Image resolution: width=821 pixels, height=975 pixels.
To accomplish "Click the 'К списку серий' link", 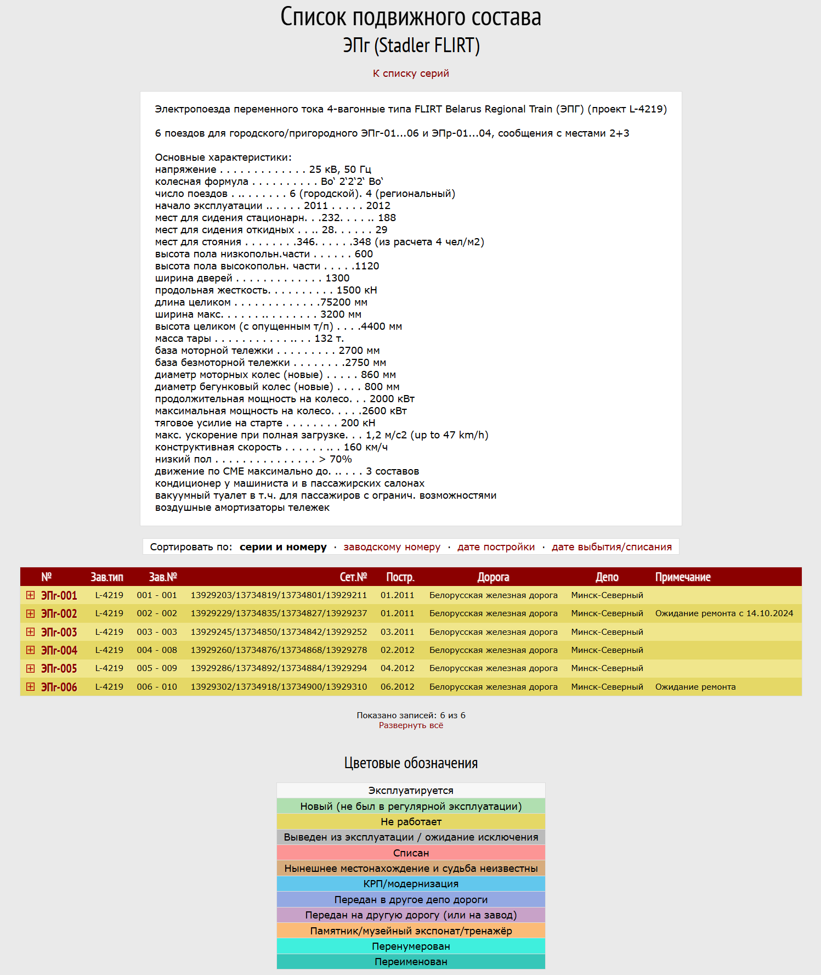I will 411,74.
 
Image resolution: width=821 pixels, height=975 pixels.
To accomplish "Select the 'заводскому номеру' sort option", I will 392,547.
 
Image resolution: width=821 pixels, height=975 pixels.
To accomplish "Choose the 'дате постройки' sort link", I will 496,547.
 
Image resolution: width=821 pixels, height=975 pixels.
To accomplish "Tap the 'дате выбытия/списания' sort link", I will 611,547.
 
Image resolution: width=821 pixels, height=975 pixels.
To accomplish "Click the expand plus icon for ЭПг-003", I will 31,632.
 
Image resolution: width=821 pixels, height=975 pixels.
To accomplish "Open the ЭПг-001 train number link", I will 59,595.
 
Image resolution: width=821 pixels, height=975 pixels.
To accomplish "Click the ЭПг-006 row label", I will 59,687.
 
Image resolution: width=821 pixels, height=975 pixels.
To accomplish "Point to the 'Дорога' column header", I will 493,577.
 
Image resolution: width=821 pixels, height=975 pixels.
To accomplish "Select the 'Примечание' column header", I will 683,577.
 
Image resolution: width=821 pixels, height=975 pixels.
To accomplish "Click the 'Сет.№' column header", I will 353,577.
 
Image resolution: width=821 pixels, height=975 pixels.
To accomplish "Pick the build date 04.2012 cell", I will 398,668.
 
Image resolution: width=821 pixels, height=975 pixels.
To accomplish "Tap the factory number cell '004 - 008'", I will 157,650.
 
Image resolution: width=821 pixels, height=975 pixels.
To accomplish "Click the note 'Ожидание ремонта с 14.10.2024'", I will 724,613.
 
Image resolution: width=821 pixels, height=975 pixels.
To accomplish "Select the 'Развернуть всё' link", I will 411,725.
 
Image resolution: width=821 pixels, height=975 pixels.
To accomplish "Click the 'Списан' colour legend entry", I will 411,853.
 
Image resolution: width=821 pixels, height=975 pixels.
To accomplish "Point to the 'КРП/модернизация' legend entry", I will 411,884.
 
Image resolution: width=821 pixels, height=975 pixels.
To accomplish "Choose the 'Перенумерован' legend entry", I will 411,946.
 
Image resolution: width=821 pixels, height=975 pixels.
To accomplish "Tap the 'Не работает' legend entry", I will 411,822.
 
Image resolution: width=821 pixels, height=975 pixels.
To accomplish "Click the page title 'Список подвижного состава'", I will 411,16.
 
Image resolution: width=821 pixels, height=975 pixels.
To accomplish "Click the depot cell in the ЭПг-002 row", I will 607,613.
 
